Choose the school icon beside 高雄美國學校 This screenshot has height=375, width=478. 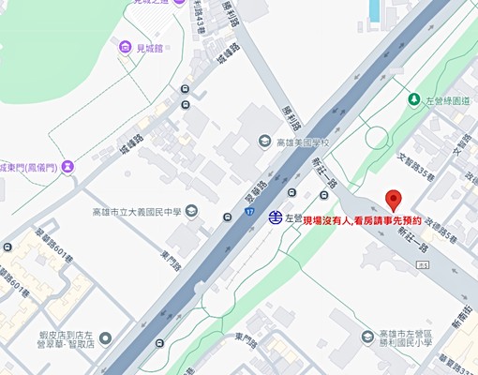265,142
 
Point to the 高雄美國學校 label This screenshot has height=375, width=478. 306,142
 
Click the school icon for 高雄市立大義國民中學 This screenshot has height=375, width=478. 191,211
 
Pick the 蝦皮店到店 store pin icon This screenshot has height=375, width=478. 105,337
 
